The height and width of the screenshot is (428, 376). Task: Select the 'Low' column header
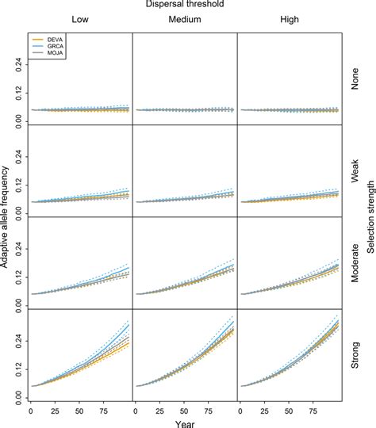click(79, 21)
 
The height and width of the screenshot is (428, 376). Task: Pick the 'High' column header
click(289, 21)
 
